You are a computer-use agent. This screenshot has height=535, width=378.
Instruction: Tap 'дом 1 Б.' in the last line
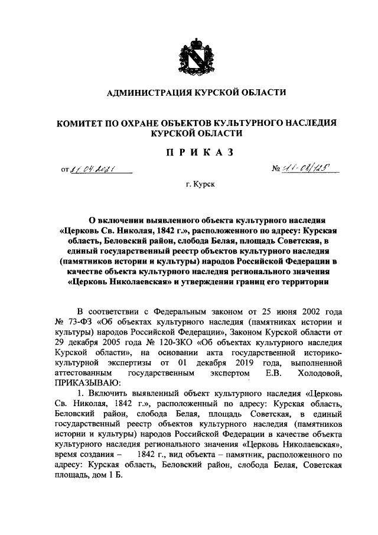(x=107, y=476)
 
